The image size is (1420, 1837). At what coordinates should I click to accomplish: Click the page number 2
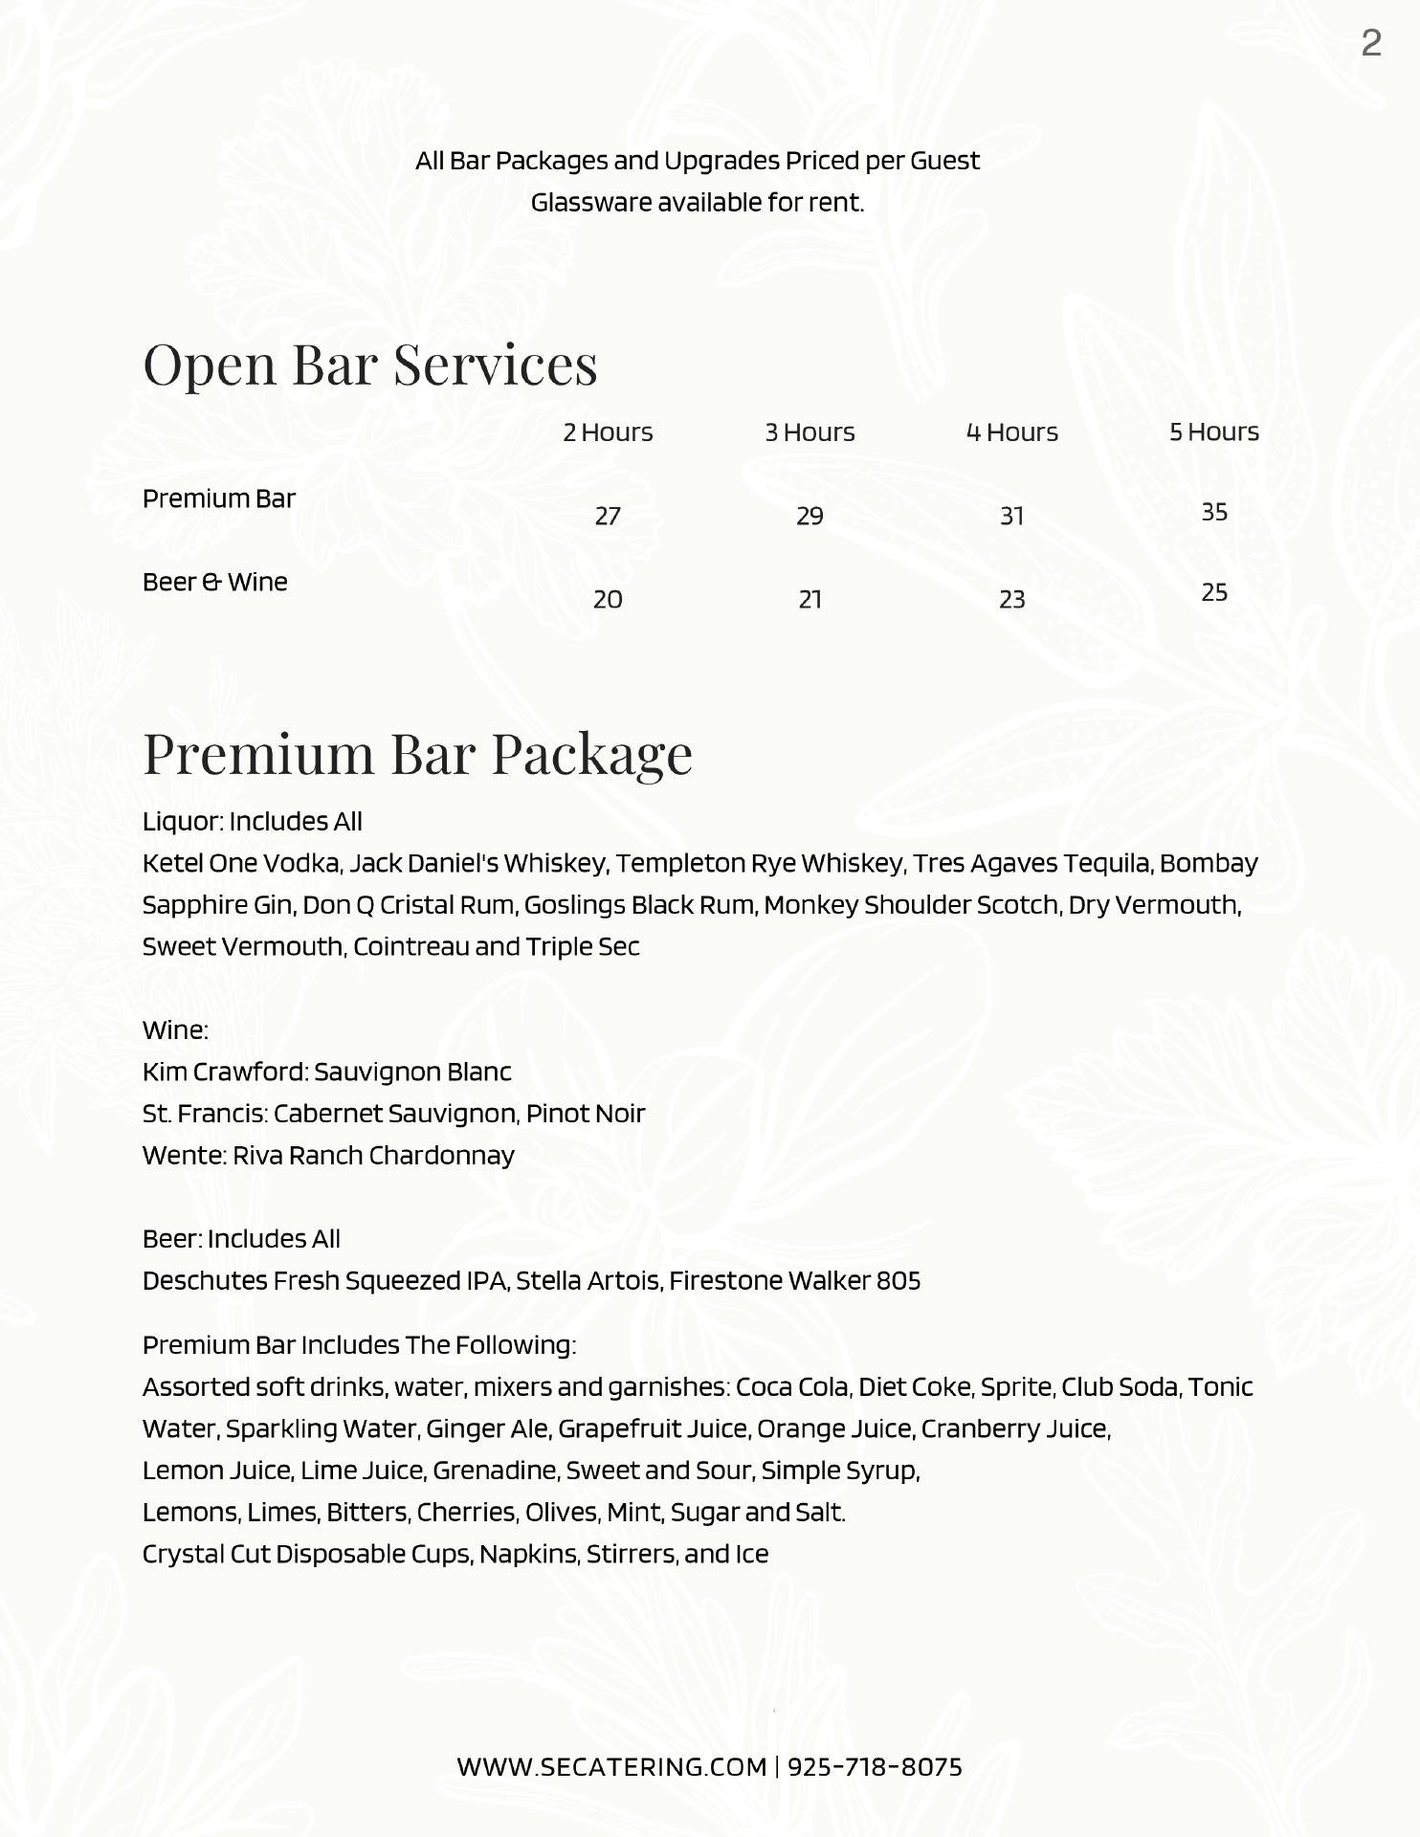click(x=1370, y=43)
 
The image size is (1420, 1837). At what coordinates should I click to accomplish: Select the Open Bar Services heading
click(x=369, y=364)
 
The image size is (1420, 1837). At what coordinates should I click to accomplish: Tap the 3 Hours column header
click(x=810, y=432)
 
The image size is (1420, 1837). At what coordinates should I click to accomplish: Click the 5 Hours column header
click(x=1213, y=432)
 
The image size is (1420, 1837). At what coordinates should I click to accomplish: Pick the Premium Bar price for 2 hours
click(x=608, y=516)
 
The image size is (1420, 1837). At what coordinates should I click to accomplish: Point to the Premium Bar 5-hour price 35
click(x=1213, y=512)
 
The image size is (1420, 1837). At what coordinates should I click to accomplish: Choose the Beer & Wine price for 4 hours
click(x=1011, y=599)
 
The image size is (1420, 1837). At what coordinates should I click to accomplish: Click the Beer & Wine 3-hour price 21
click(x=810, y=599)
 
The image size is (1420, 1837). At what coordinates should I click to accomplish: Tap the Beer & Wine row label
click(x=214, y=582)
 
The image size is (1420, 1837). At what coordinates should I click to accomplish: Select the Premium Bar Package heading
click(x=417, y=753)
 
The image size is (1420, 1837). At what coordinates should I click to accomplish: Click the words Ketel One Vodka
click(x=241, y=863)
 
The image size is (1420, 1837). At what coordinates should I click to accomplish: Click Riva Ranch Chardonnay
click(x=373, y=1156)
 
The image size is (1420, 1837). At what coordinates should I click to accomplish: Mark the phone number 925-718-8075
click(x=875, y=1766)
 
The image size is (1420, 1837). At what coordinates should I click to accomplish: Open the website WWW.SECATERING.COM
click(x=611, y=1766)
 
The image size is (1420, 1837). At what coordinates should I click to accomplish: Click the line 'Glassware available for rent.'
click(x=697, y=203)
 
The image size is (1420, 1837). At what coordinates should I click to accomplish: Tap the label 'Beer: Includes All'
click(x=241, y=1239)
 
